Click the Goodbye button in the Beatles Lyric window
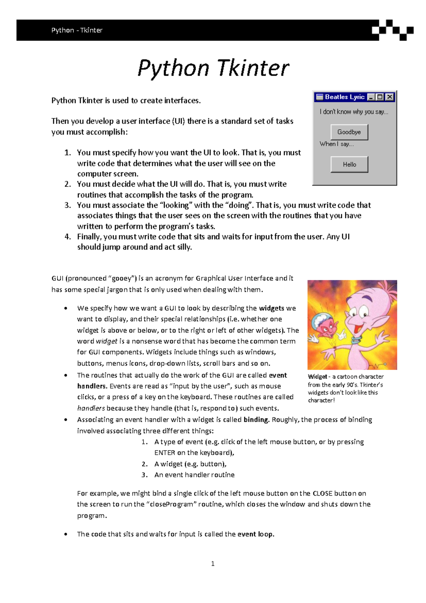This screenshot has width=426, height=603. [x=349, y=132]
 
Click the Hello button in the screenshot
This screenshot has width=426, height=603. [x=349, y=164]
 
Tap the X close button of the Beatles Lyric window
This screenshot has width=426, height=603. [x=390, y=97]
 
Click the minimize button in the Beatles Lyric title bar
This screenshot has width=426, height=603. [x=371, y=97]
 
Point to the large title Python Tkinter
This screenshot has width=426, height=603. [x=213, y=68]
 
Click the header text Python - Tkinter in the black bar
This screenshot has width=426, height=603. [x=77, y=30]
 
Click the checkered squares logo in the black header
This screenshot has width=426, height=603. [x=392, y=30]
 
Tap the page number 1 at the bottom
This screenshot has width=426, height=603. [x=213, y=564]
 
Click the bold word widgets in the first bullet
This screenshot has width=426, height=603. [x=272, y=308]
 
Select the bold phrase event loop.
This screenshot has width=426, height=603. [x=256, y=534]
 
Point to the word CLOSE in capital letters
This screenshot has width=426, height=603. [x=322, y=493]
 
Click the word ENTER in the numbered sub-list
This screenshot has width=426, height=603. [x=165, y=453]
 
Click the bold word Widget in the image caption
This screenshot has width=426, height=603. [x=317, y=377]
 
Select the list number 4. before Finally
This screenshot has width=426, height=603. [x=68, y=237]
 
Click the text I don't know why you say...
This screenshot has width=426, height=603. [x=354, y=112]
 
